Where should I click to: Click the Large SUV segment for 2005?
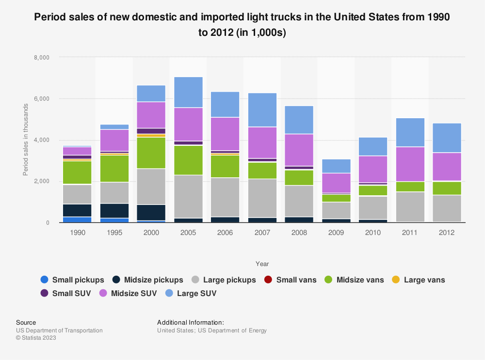coord(188,92)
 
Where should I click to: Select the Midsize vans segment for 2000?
coord(151,153)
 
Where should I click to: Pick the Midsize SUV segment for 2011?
coord(410,164)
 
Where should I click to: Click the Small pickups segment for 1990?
coord(78,219)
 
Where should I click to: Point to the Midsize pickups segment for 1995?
coord(114,211)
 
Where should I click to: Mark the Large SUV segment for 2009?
coord(336,166)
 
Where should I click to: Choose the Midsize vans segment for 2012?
coord(447,188)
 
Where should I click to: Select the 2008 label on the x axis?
coord(299,233)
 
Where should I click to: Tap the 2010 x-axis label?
coord(373,233)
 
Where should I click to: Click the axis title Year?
coord(262,264)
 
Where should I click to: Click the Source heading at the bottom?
coord(26,322)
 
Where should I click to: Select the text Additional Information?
coord(190,322)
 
